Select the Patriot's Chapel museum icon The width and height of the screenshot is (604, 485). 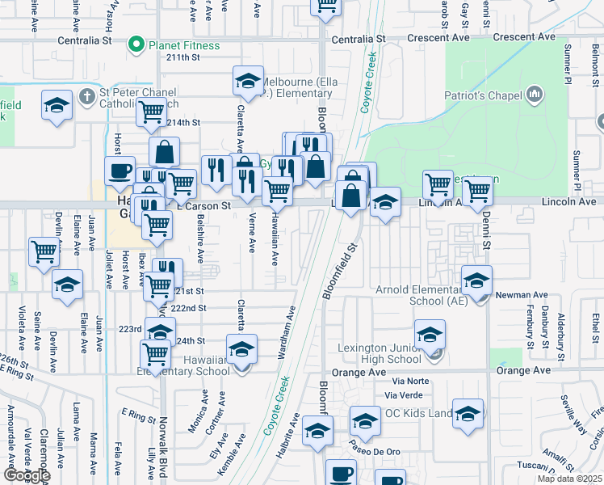coord(533,96)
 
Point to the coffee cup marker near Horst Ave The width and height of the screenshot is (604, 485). coord(120,171)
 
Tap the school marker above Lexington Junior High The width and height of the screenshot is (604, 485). coord(430,334)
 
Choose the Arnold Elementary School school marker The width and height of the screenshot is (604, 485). coord(477,280)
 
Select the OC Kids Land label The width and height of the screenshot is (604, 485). coord(418,413)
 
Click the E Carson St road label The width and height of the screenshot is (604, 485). coord(204,206)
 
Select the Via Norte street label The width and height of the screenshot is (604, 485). coord(409,381)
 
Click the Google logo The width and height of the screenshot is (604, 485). coord(27,475)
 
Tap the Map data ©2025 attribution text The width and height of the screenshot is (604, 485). coord(568,479)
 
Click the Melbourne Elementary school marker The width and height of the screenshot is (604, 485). coord(249,81)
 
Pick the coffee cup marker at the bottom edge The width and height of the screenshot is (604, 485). coord(341,473)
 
